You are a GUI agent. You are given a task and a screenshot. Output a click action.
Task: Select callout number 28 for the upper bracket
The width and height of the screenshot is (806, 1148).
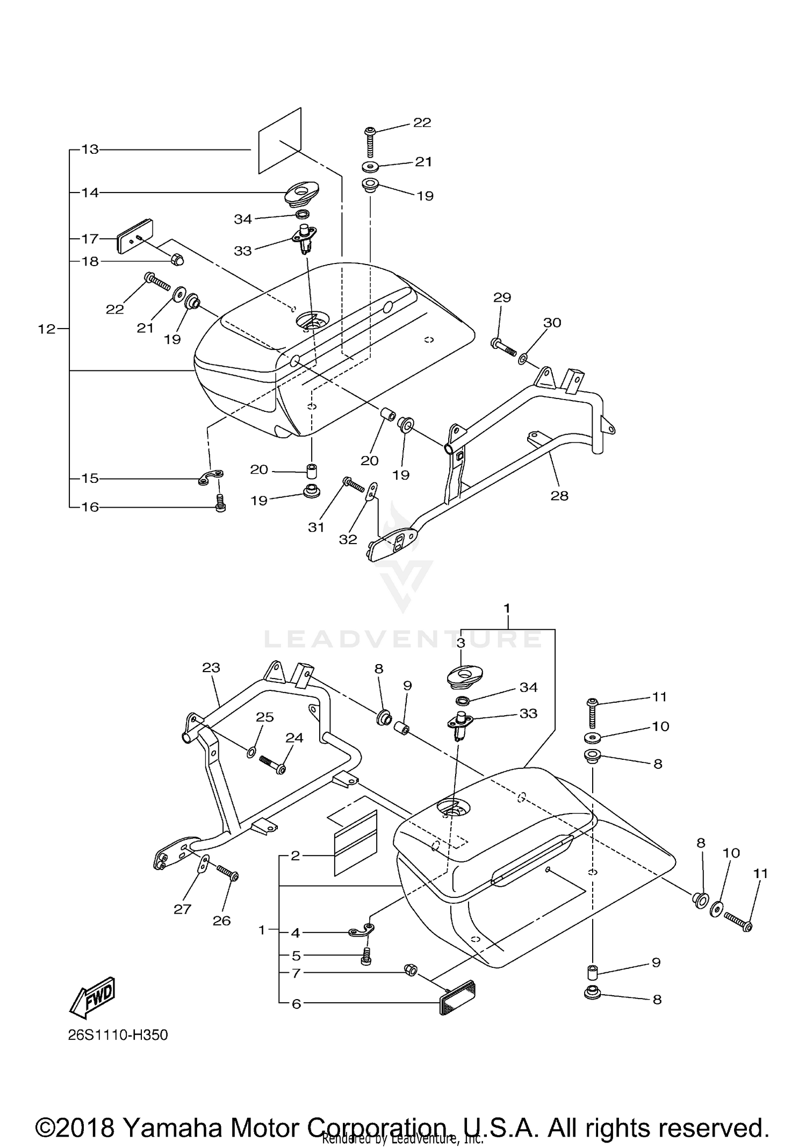tap(559, 495)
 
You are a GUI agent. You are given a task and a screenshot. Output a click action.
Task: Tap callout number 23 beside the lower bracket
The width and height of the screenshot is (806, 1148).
tap(211, 667)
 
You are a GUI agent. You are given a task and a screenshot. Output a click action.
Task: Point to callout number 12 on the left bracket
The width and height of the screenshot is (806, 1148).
tap(47, 329)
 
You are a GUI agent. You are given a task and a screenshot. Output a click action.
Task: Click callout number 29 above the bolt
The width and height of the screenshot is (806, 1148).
tap(502, 297)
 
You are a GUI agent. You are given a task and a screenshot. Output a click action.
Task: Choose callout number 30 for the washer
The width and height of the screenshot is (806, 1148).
tap(552, 323)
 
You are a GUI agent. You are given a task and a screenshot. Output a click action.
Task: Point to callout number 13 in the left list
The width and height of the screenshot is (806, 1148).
tap(90, 149)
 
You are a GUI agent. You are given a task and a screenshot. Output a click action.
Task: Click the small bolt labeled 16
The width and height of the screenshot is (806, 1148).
tap(220, 504)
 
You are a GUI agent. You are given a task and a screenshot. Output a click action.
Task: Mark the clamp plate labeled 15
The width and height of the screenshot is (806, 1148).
tap(210, 477)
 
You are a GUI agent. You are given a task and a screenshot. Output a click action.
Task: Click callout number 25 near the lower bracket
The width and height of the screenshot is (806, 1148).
tap(265, 717)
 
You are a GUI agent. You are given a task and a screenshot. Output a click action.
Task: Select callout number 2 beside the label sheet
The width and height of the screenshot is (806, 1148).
tap(295, 855)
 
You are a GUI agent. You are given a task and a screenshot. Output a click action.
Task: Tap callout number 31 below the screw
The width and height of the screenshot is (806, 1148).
tap(316, 527)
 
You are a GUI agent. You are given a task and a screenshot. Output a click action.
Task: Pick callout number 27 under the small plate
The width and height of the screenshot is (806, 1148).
tap(182, 908)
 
